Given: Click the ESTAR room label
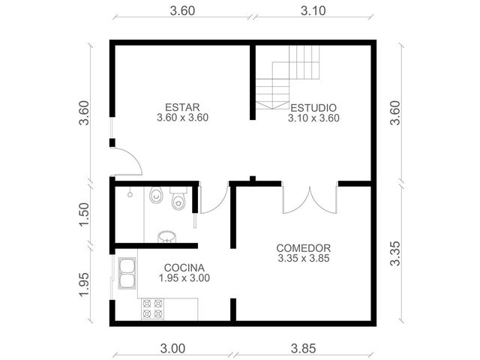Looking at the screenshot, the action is coord(182,107).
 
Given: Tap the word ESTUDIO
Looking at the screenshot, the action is coord(313,108).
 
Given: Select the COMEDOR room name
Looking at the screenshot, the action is coord(303,248).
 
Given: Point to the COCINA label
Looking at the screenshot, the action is coord(184,268).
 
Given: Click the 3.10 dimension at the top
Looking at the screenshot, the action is coord(313,11).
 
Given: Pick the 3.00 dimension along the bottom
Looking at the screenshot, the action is coord(172,348).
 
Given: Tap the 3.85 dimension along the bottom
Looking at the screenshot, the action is coord(303,348).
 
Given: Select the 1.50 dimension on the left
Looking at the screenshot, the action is coord(84,214).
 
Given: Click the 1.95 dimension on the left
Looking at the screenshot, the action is coord(84,284).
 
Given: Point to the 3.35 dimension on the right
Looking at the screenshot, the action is coord(395,253).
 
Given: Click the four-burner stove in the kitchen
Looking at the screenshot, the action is coord(152,309).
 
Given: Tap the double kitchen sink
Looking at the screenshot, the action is coord(127,273).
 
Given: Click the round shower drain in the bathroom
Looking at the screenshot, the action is coord(130,194).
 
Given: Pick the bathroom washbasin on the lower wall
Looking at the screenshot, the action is coord(166,237).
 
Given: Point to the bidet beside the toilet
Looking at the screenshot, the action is coord(156,195).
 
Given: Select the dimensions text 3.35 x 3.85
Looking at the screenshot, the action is coord(304,258).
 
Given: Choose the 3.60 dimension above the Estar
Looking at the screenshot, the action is coord(182,11).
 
